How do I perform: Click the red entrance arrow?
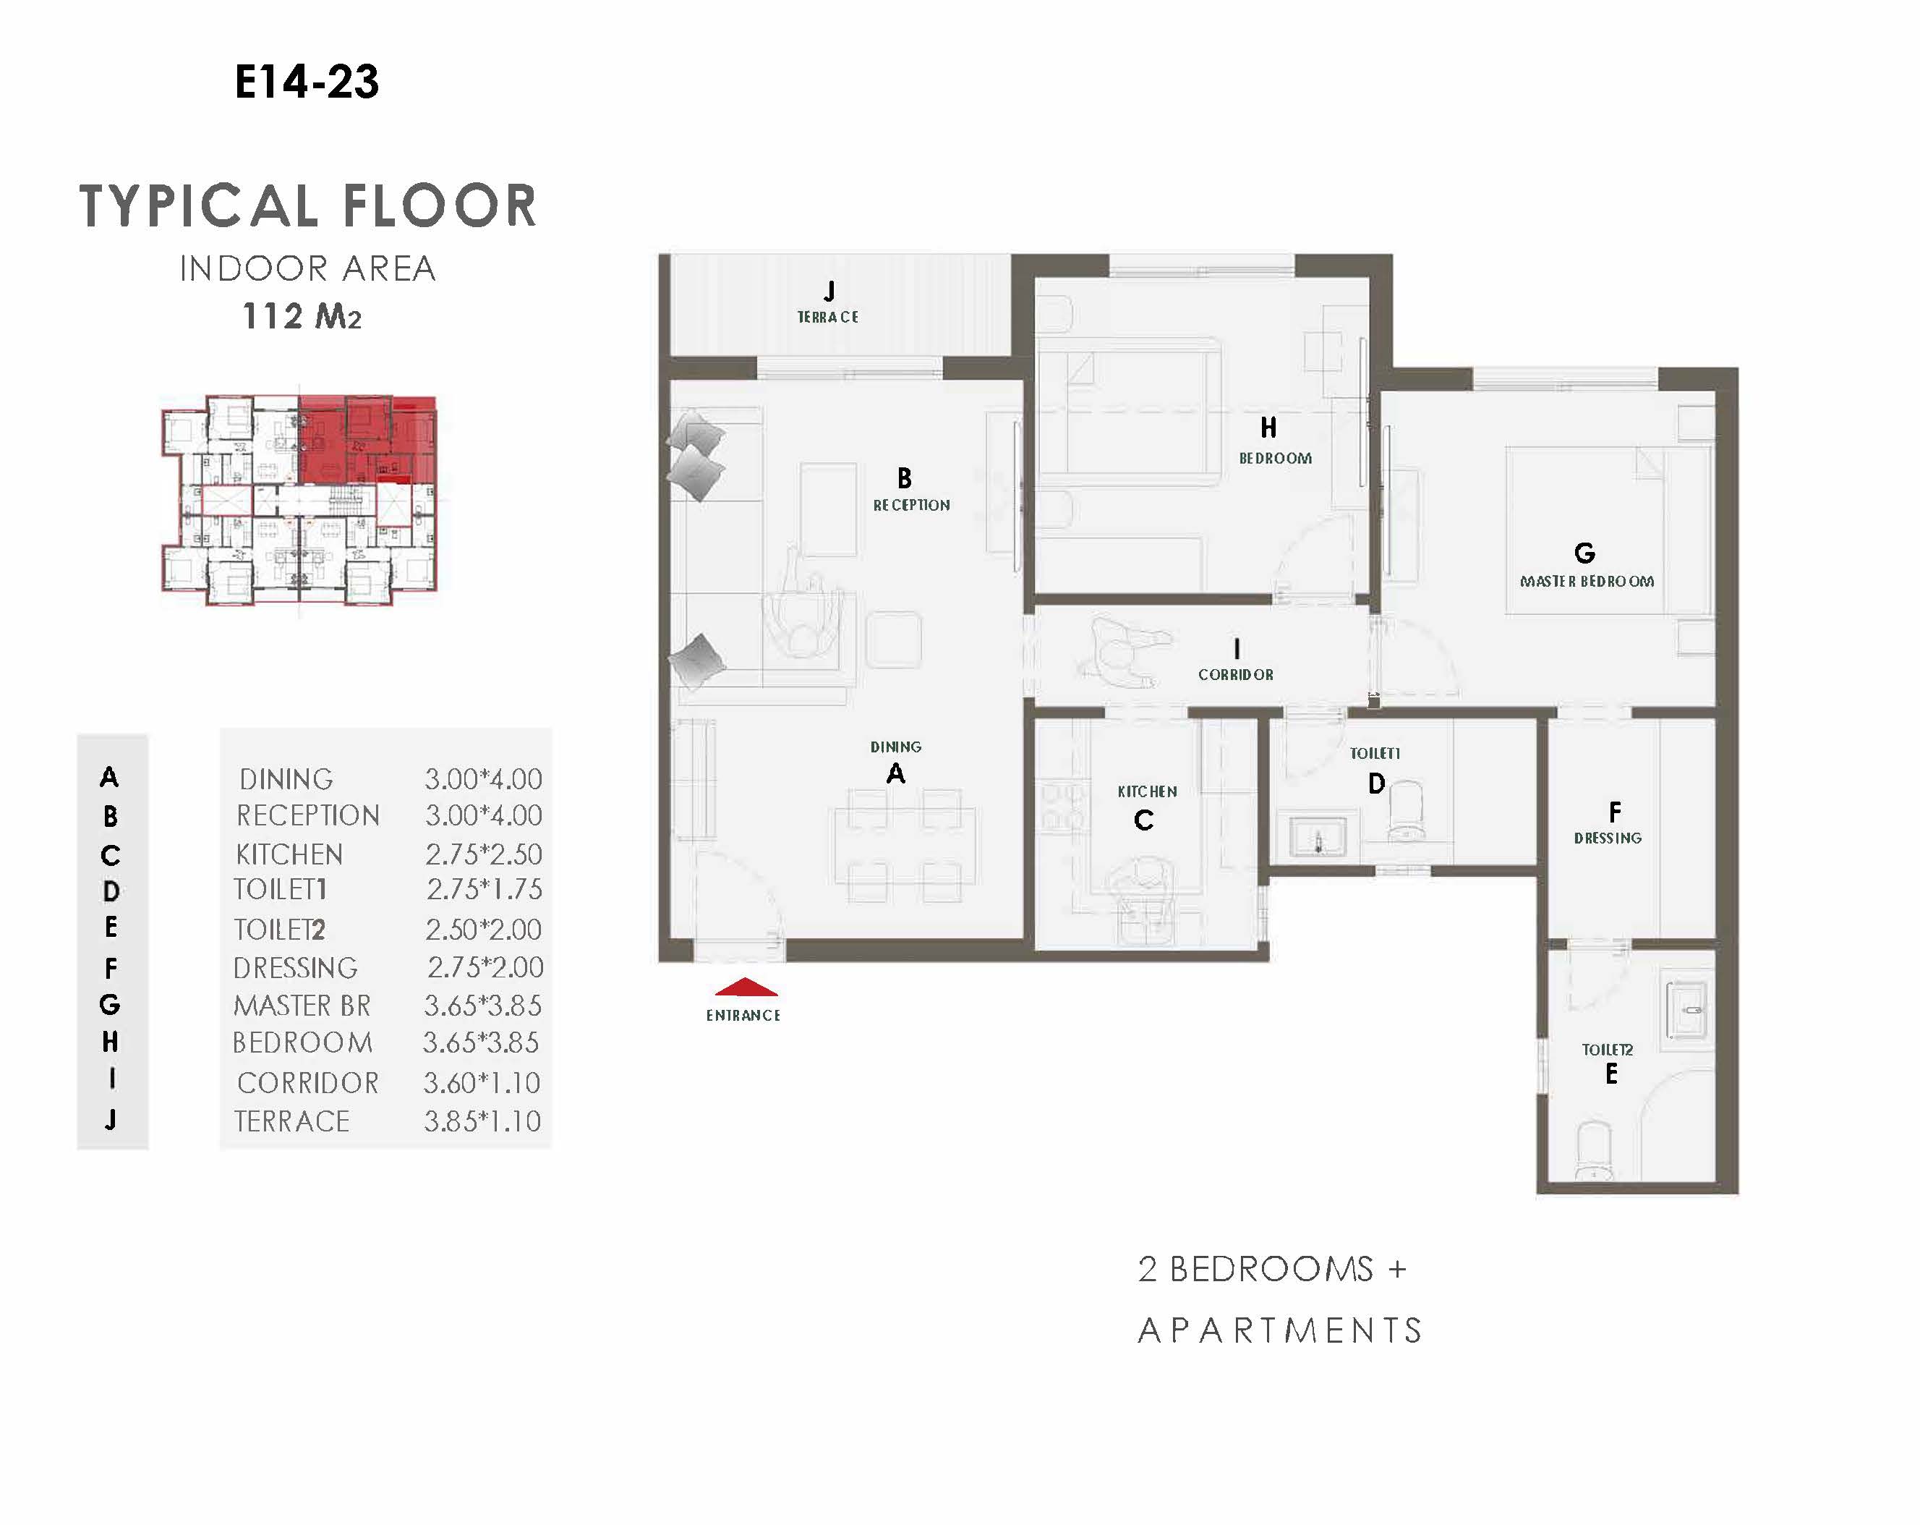coord(746,986)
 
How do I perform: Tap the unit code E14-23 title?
coord(307,82)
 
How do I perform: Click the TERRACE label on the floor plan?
coord(827,317)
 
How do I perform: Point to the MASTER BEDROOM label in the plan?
coord(1587,582)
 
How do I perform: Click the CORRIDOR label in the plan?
coord(1235,675)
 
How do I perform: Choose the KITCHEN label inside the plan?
coord(1147,791)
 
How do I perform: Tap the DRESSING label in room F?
coord(1608,838)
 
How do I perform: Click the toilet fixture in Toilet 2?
coord(1594,1152)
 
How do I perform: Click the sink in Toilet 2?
coord(1686,1010)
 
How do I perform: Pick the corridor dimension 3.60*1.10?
coord(482,1083)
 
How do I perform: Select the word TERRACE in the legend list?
coord(292,1121)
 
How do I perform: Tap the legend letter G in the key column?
coord(109,1005)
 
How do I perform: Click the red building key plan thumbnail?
coord(299,499)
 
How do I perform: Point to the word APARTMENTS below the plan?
coord(1280,1331)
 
